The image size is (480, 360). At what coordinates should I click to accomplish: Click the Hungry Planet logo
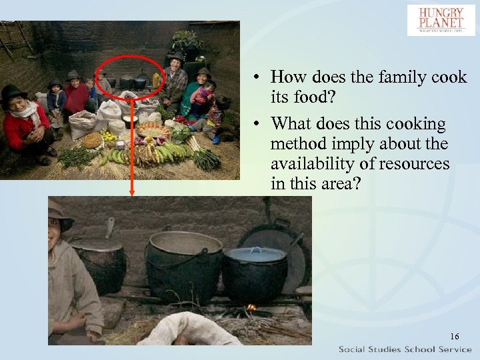click(x=441, y=20)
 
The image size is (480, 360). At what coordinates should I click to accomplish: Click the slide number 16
click(x=454, y=336)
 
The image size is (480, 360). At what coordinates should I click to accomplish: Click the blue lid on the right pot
click(x=257, y=253)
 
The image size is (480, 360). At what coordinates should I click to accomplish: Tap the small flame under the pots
click(x=251, y=308)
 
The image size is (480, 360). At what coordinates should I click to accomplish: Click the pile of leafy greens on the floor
click(x=77, y=157)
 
